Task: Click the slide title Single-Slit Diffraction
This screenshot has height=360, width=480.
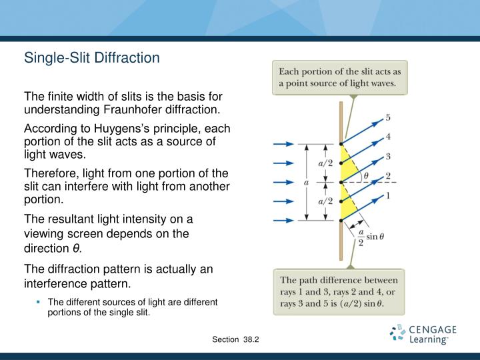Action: [x=92, y=58]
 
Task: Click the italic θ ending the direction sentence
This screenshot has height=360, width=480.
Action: [x=76, y=249]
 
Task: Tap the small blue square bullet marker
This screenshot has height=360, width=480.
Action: [x=39, y=302]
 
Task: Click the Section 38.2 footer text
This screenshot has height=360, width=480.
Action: [x=235, y=340]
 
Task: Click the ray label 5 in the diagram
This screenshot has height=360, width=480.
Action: [x=388, y=118]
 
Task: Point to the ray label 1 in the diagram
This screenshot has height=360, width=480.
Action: [x=388, y=195]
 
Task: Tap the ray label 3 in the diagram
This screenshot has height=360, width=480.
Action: [x=388, y=157]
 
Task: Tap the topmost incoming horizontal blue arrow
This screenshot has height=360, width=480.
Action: [x=283, y=143]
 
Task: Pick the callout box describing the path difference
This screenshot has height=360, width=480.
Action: [x=340, y=292]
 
